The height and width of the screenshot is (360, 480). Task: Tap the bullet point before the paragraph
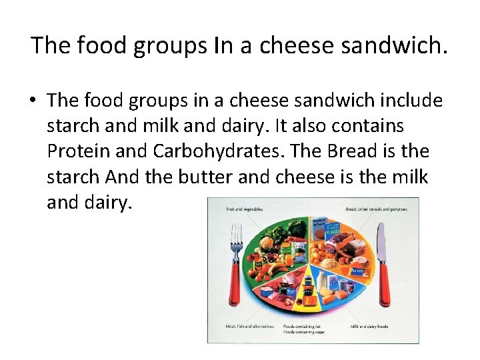32,101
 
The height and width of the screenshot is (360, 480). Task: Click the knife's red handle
384,286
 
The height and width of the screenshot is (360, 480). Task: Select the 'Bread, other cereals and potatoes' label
377,209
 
